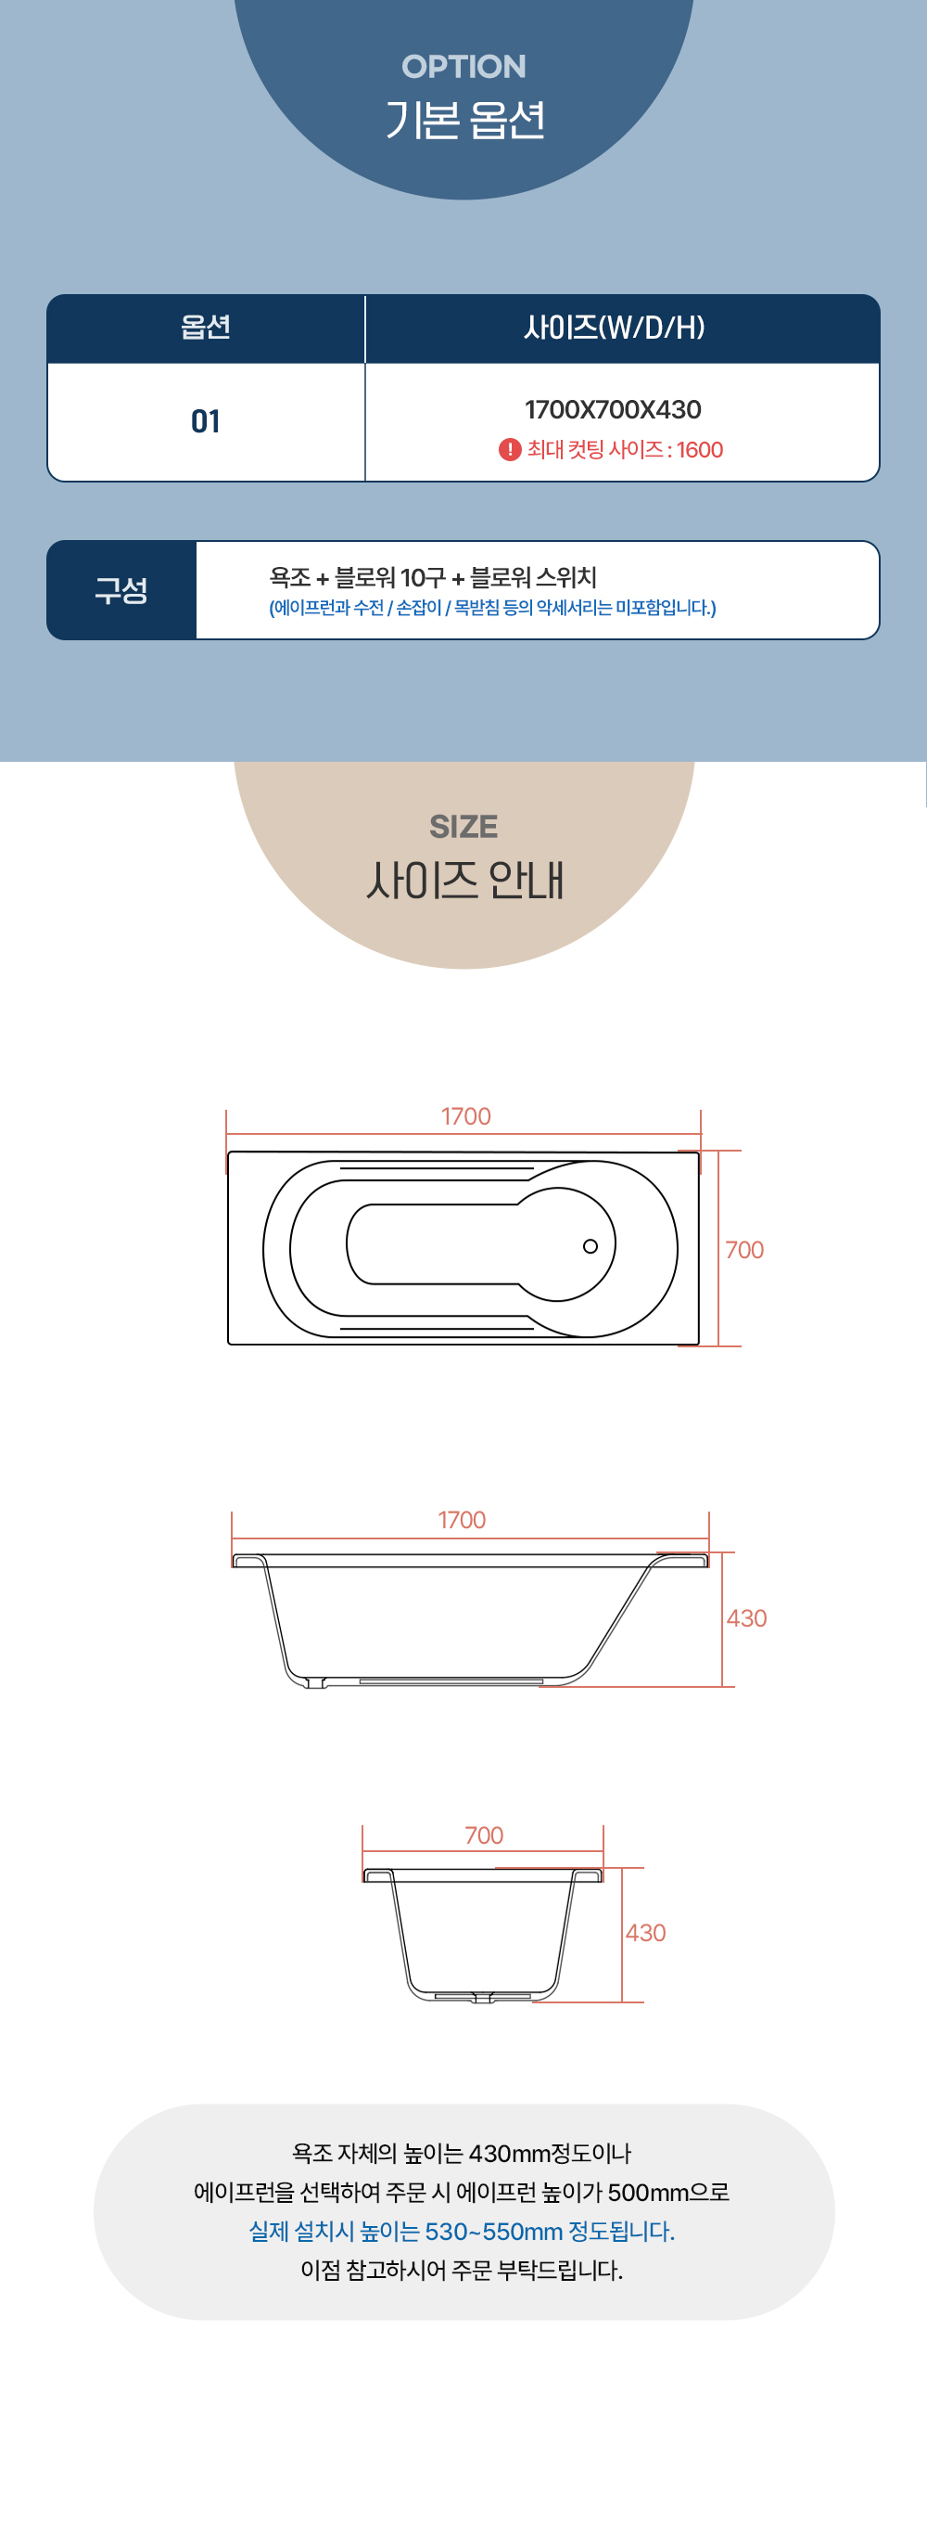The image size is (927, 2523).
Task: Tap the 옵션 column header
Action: (x=206, y=328)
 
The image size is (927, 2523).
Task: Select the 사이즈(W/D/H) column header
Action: (x=614, y=328)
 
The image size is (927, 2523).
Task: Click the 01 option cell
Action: (x=206, y=421)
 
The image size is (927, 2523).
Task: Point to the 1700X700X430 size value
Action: (x=613, y=409)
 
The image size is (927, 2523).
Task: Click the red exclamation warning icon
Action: (x=509, y=449)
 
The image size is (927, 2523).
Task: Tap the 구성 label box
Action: (x=121, y=589)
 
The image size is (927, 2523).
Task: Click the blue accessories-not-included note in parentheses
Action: (x=492, y=608)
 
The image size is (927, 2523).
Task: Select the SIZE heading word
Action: (x=463, y=827)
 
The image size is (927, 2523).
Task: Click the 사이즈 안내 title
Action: (x=465, y=880)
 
